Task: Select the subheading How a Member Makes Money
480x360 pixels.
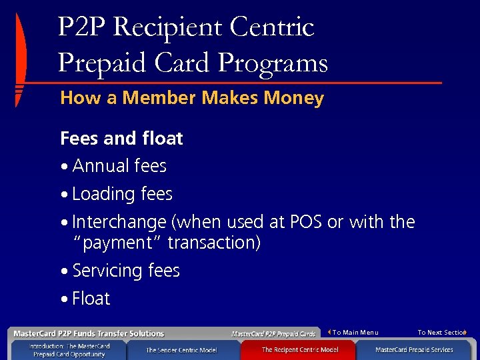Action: tap(192, 99)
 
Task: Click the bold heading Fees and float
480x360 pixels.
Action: tap(121, 139)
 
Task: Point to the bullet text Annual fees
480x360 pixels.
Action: tap(119, 166)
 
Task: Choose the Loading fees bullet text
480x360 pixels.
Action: tap(122, 194)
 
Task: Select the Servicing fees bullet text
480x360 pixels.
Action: tap(126, 271)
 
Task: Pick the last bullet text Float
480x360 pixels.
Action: tap(91, 299)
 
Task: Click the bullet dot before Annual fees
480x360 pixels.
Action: tap(64, 167)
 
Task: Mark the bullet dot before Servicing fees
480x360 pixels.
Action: tap(64, 272)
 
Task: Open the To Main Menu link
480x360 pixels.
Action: tap(355, 332)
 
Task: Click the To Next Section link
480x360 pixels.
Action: tap(441, 332)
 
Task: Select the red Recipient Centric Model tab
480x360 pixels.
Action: tap(299, 350)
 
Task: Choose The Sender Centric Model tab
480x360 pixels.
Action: tap(181, 350)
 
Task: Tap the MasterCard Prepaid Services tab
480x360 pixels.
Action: tap(414, 350)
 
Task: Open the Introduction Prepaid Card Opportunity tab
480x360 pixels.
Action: tap(69, 350)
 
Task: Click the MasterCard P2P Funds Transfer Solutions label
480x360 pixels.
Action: tap(89, 333)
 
